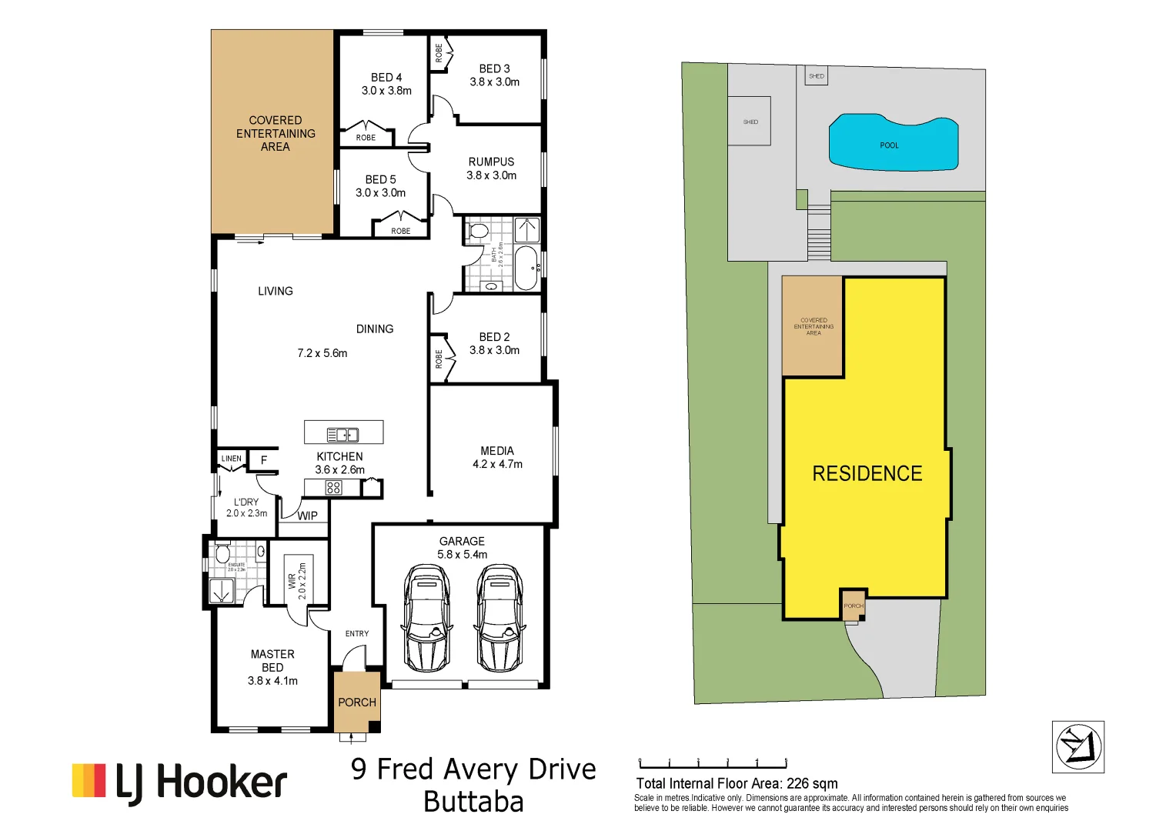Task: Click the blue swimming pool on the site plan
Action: [893, 144]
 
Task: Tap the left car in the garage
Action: [427, 619]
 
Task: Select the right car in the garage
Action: [499, 619]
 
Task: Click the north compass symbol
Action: [1078, 746]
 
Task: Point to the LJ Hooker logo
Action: [180, 783]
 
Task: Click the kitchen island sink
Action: [342, 435]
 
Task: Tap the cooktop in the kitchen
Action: [333, 487]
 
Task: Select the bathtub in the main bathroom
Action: [526, 268]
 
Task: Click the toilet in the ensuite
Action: [223, 552]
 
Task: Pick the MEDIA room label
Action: [497, 451]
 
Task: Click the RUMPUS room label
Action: [491, 162]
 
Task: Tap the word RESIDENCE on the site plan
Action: [867, 473]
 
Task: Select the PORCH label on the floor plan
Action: [357, 703]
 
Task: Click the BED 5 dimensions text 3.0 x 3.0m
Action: [380, 193]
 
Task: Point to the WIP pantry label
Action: [307, 516]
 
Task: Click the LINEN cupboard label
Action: [232, 459]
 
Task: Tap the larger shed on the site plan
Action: [750, 122]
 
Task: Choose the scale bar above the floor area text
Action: [713, 764]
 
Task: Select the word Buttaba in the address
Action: [473, 802]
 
